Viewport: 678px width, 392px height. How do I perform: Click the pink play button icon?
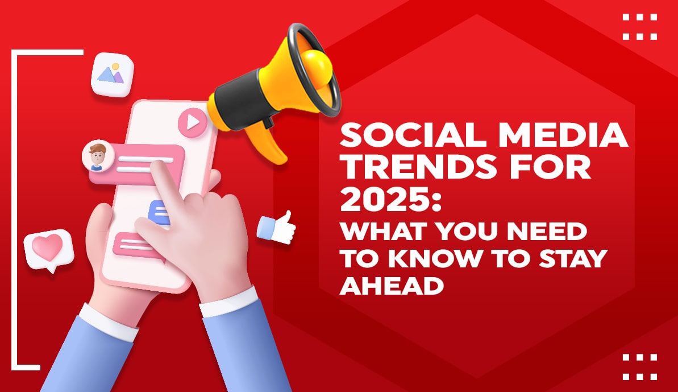tap(192, 121)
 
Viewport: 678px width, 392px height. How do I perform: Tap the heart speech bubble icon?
tap(48, 248)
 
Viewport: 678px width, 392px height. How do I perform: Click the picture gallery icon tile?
tap(112, 74)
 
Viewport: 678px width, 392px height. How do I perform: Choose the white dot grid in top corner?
tap(639, 27)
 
